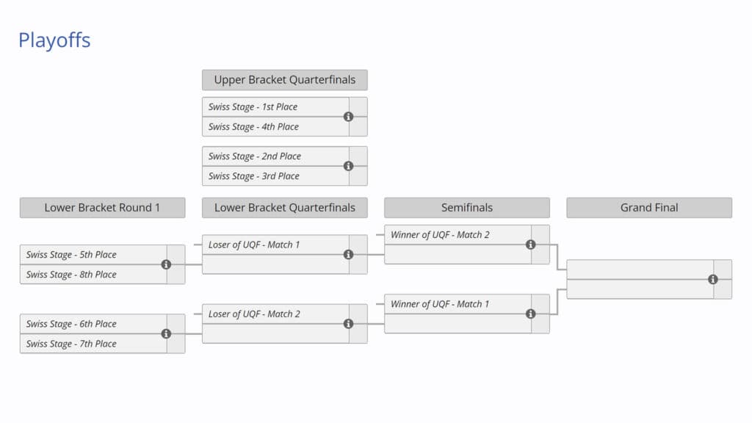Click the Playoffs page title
click(x=54, y=40)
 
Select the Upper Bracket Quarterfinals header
click(x=285, y=80)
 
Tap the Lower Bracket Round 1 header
click(x=102, y=208)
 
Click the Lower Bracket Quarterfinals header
click(x=285, y=208)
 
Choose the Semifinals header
click(x=466, y=208)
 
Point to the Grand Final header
click(x=649, y=208)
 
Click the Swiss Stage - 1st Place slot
click(x=253, y=107)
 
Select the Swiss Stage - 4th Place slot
click(x=253, y=127)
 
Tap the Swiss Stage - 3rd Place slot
click(x=254, y=176)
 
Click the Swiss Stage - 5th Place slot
click(x=72, y=255)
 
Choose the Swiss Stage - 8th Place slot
click(x=72, y=275)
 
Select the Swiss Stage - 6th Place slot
click(x=72, y=324)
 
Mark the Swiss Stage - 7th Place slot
click(x=72, y=344)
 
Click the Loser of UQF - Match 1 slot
click(x=254, y=245)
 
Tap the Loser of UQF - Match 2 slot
click(x=254, y=314)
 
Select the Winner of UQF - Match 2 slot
click(x=440, y=235)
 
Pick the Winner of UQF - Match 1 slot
click(x=440, y=304)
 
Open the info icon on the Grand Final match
click(x=712, y=279)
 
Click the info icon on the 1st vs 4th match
click(x=348, y=117)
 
